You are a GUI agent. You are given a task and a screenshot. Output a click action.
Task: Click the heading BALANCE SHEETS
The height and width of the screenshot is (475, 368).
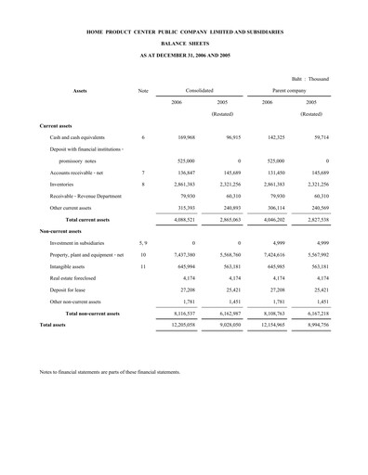click(x=183, y=43)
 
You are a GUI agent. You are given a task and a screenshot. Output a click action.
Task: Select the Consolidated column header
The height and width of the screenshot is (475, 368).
click(x=199, y=90)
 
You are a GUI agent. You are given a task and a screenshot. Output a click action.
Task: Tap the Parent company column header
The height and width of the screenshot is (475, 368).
click(x=288, y=90)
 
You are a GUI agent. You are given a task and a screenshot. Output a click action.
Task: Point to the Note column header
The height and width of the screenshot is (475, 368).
click(x=143, y=90)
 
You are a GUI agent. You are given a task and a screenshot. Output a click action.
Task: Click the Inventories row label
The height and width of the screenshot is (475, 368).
click(x=66, y=185)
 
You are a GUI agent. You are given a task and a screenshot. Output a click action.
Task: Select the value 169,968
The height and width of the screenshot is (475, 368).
click(x=183, y=136)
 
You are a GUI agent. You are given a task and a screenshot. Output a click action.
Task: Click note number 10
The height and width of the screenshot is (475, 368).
click(x=143, y=254)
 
